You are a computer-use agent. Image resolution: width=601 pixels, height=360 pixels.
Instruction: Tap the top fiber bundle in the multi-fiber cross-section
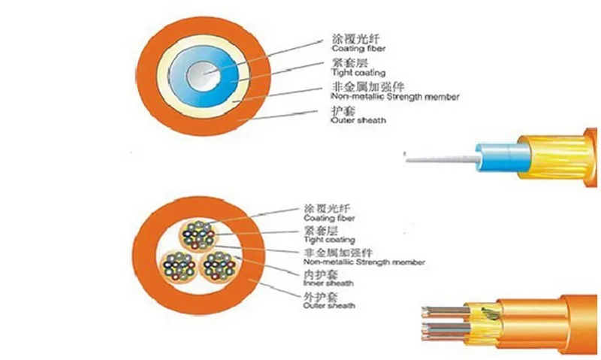click(199, 234)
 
